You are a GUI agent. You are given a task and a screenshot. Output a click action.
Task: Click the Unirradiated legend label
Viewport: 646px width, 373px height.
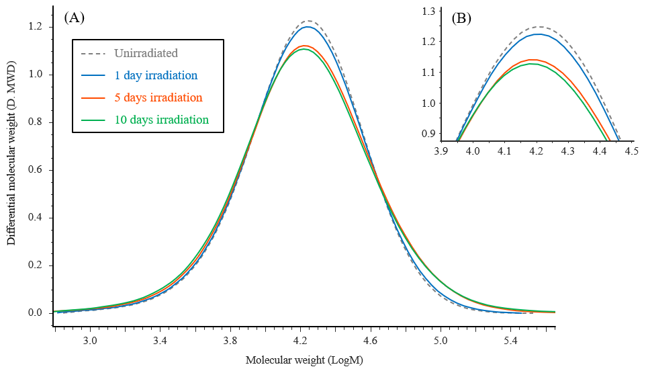tap(146, 52)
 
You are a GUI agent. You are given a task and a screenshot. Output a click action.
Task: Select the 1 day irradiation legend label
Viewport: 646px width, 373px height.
tap(156, 75)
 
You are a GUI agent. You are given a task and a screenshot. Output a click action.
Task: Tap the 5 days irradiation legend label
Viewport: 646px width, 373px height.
tap(158, 97)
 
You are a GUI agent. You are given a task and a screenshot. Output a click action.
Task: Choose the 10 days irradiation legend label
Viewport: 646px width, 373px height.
tap(161, 120)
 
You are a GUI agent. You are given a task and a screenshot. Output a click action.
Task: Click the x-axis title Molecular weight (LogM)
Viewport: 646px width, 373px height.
tap(304, 360)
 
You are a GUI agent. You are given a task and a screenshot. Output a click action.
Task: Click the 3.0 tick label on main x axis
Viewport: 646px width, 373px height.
tap(89, 341)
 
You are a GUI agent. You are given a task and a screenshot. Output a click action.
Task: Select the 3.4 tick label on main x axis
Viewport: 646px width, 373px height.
tap(160, 341)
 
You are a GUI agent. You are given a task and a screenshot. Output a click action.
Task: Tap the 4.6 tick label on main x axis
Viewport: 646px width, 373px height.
tap(370, 341)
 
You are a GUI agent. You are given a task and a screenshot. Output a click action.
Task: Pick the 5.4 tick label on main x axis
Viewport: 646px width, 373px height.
tap(510, 341)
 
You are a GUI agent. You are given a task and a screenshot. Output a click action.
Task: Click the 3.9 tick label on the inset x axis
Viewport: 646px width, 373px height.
tap(441, 152)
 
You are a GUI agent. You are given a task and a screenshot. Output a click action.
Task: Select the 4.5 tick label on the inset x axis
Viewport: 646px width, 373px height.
tap(631, 152)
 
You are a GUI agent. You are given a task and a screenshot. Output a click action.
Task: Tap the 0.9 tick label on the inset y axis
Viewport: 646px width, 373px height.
tap(428, 134)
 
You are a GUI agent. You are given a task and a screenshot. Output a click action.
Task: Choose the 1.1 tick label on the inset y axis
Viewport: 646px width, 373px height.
tap(428, 73)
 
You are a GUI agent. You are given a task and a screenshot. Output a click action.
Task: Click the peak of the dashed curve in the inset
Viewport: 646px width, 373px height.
tap(537, 27)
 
